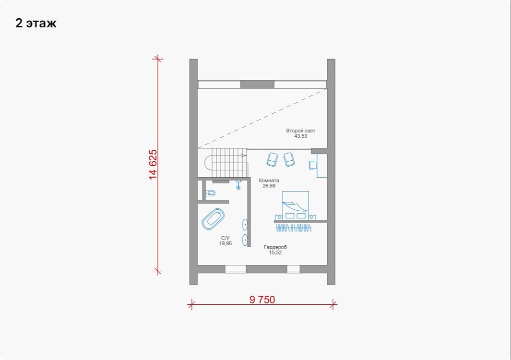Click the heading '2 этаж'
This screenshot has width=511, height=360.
point(36,23)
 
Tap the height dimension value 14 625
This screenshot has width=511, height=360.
point(153,164)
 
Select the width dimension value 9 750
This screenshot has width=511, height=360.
point(262,300)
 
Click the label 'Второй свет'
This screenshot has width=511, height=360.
point(301,131)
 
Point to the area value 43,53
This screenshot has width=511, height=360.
point(301,136)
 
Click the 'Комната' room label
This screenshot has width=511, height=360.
point(269,180)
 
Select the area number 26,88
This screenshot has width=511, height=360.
point(269,186)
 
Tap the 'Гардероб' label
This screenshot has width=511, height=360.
point(275,247)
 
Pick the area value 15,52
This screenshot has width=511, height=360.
point(275,252)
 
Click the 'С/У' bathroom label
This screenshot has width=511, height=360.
point(225,238)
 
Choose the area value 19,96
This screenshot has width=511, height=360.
point(226,243)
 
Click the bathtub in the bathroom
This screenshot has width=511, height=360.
point(213,219)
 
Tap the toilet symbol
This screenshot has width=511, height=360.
point(210,193)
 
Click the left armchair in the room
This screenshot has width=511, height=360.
point(272,159)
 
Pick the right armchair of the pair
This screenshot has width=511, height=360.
point(289,159)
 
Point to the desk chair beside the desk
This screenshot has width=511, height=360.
point(313,165)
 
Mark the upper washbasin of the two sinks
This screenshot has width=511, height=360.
point(245,225)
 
